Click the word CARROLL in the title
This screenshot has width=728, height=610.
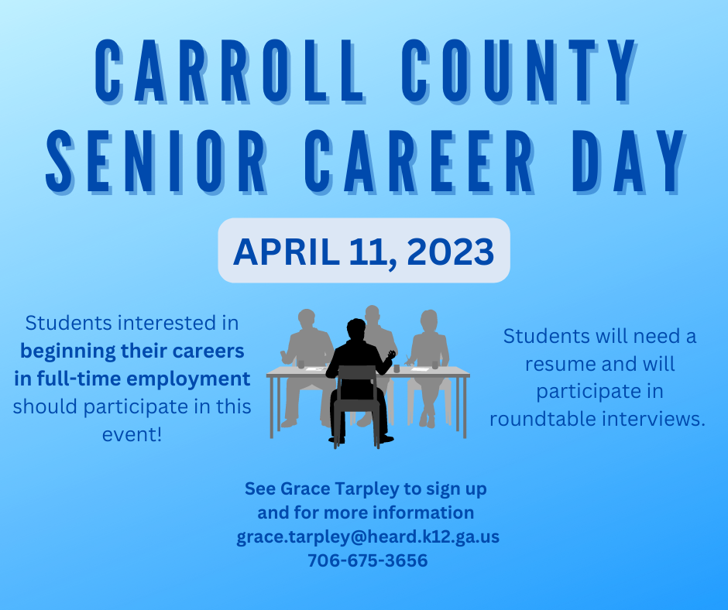click(230, 71)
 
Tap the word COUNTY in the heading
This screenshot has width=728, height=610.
click(519, 71)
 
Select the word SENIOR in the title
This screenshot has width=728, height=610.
click(156, 162)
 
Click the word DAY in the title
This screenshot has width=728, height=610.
click(629, 162)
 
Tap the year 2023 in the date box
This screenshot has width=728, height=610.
click(451, 252)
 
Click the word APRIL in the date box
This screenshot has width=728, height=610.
click(286, 252)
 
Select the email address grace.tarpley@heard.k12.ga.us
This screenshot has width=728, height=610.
click(368, 536)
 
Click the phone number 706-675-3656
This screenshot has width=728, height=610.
click(368, 560)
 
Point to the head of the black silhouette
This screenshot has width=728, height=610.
click(356, 330)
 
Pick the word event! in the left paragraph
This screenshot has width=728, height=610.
click(132, 434)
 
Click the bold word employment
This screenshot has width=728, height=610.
click(188, 379)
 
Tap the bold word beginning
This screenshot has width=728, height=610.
click(68, 351)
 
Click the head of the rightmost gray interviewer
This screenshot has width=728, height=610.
click(429, 321)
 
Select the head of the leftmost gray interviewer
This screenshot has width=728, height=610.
click(307, 320)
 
